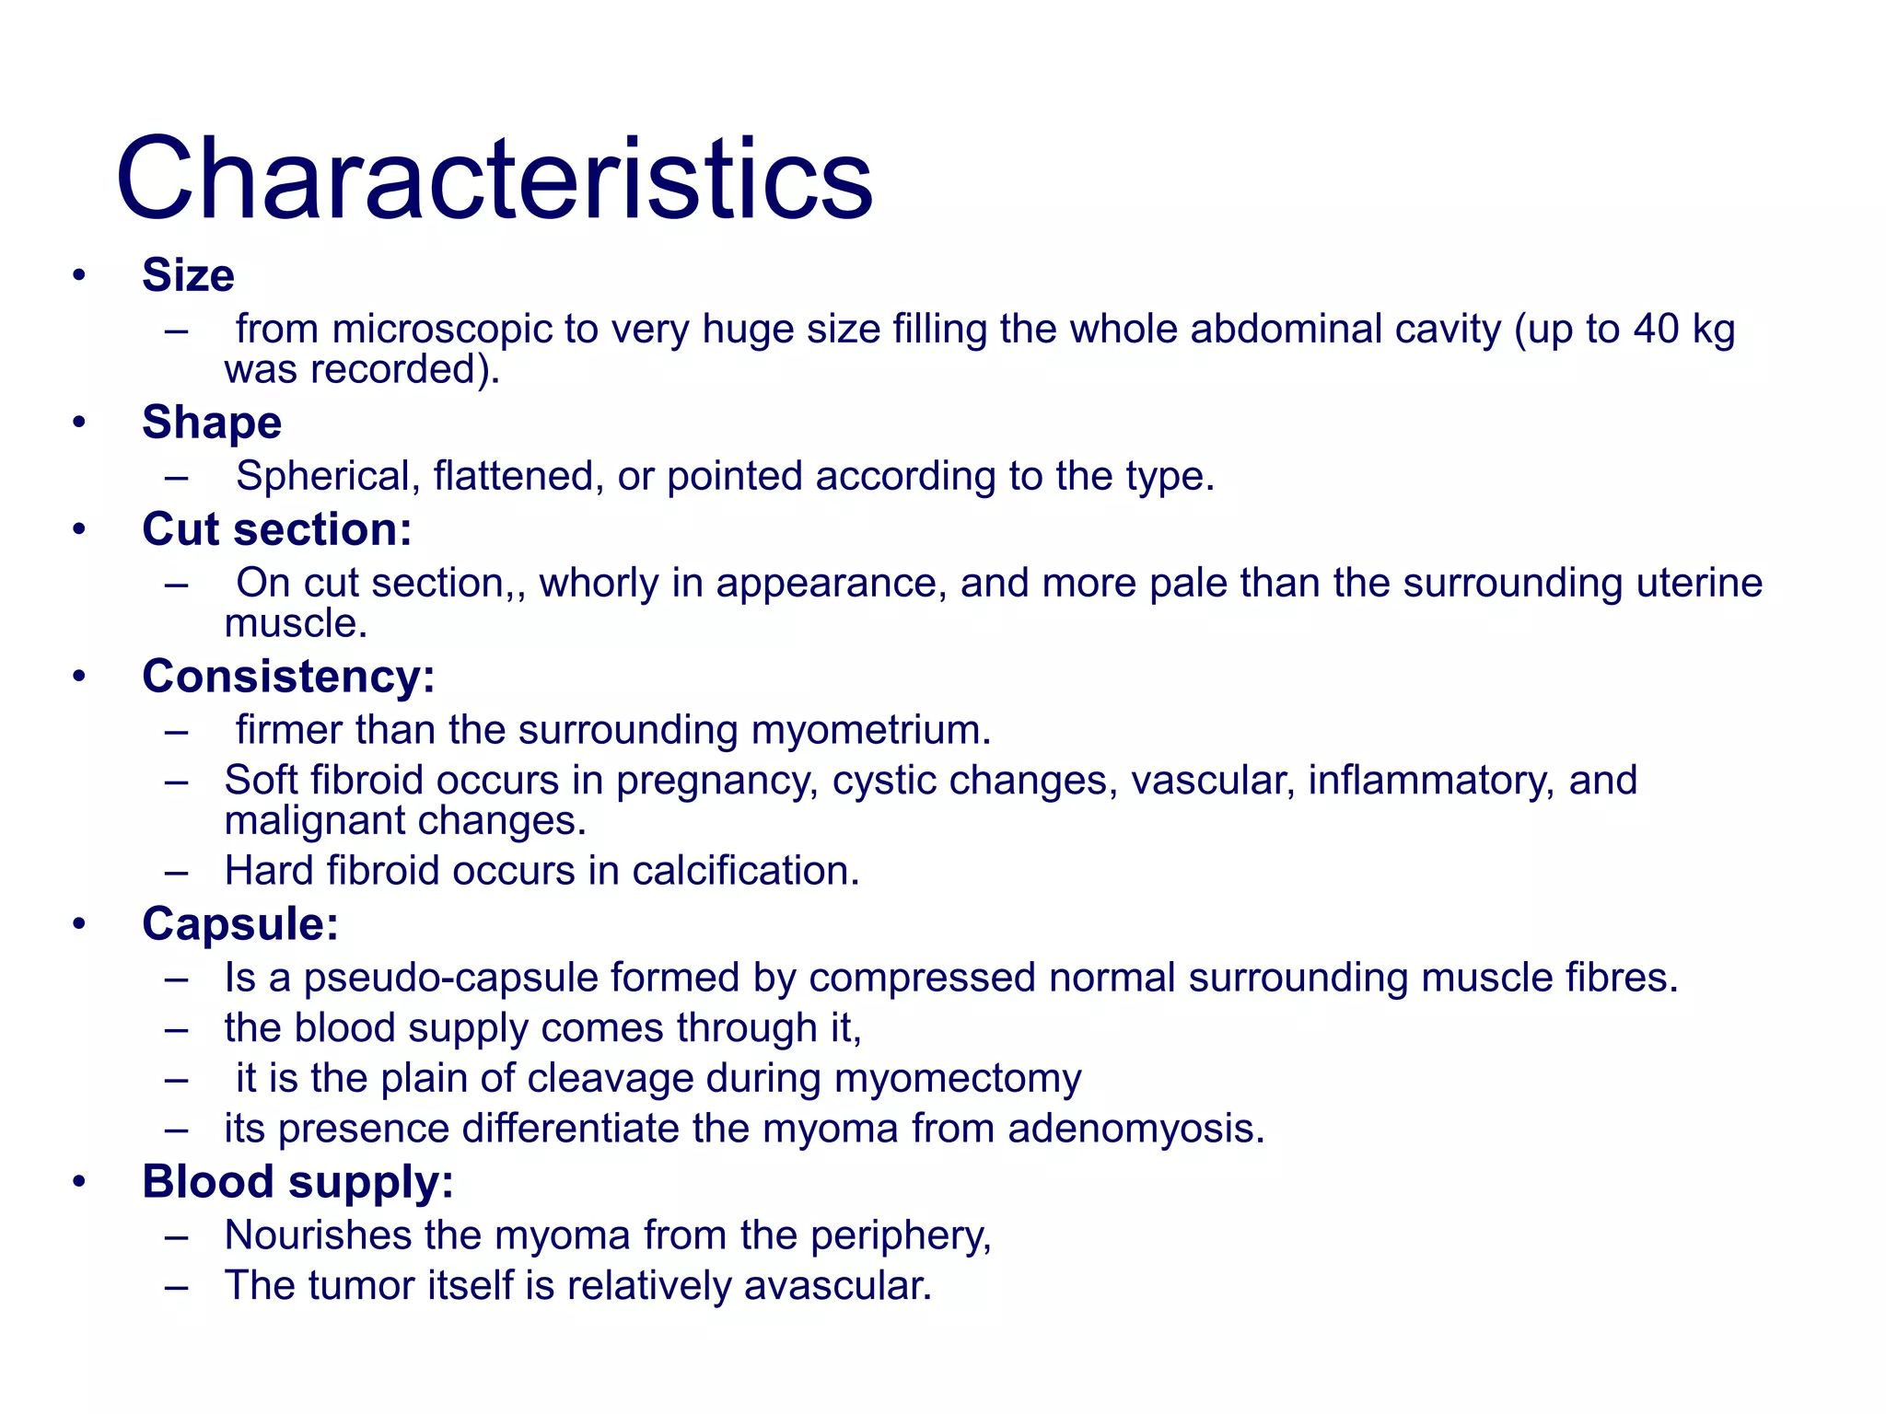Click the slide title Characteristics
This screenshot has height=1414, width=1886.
pos(494,179)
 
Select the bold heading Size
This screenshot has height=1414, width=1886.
pos(188,275)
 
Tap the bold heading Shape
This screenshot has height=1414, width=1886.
pos(212,423)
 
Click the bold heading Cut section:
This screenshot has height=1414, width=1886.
pos(276,529)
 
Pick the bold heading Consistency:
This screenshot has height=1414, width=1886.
pos(288,677)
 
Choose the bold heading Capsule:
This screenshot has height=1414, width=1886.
pos(240,924)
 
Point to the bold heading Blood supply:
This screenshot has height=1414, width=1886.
pos(297,1182)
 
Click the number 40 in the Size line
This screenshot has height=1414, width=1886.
pos(1657,330)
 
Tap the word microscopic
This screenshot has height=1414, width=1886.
pos(441,330)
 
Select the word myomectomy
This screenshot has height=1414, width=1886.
pos(958,1079)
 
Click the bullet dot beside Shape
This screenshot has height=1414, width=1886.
pos(79,423)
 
